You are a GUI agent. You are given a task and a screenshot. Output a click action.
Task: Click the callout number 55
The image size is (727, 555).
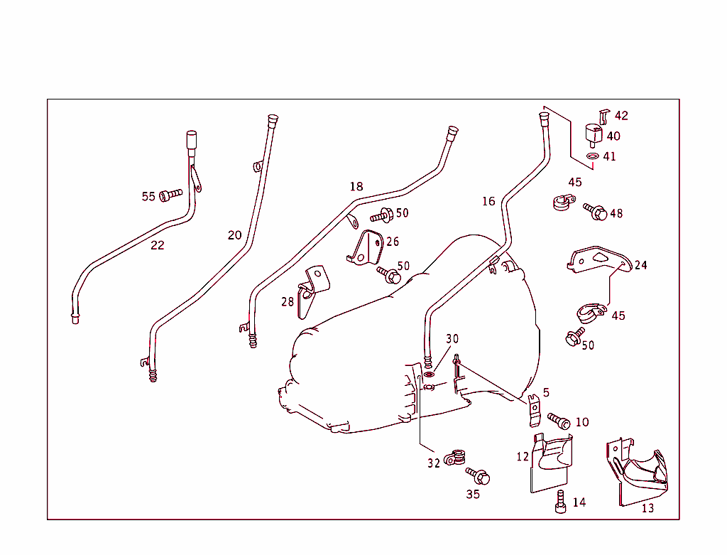click(148, 197)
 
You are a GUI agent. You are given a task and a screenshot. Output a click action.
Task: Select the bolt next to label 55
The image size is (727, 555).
click(170, 194)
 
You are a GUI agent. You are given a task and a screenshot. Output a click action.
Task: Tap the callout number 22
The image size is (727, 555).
click(157, 246)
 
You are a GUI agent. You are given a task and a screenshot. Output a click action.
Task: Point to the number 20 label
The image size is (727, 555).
click(234, 235)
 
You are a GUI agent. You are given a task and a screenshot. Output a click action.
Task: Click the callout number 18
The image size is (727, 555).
click(356, 187)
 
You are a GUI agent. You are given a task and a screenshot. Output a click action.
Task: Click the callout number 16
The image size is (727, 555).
click(488, 202)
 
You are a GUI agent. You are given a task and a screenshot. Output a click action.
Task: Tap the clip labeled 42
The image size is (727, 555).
click(603, 116)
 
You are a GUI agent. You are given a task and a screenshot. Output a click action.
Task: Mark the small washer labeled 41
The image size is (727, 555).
click(591, 156)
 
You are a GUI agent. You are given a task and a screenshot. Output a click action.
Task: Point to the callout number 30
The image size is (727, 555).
click(452, 338)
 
